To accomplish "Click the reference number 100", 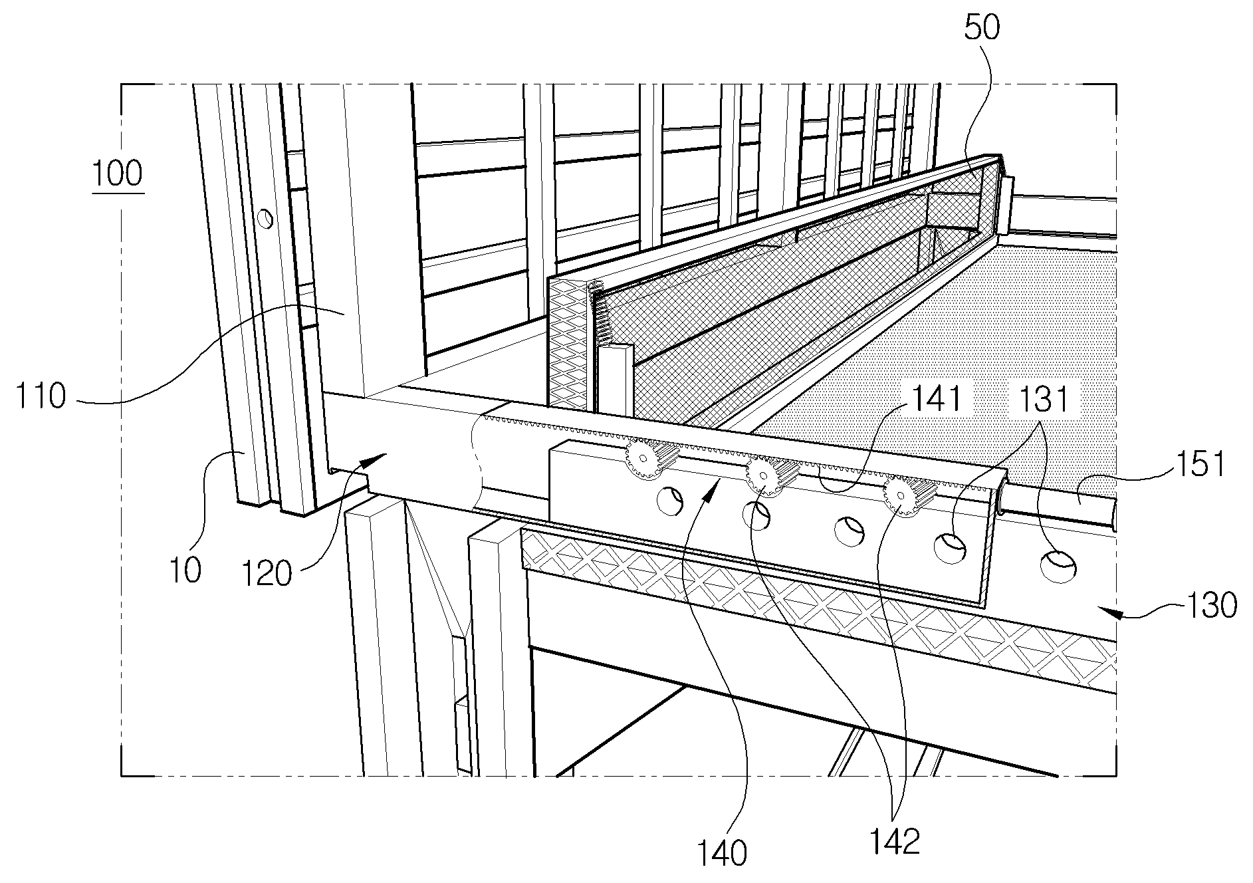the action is pos(118,174).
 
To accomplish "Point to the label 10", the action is pos(185,570).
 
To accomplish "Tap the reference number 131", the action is pos(1043,400).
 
